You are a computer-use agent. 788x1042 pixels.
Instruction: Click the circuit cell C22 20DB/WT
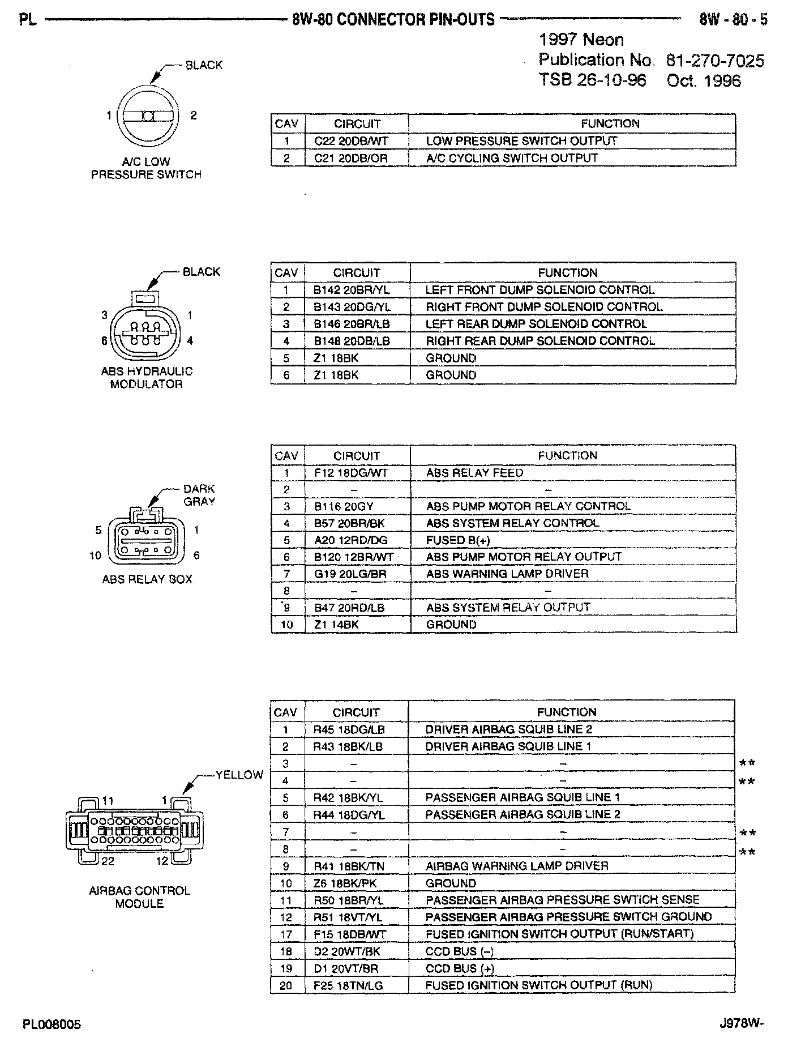coord(351,141)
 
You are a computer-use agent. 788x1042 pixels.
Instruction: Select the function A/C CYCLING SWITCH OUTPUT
coord(512,158)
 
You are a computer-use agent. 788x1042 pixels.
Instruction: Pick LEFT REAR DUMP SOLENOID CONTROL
coord(536,324)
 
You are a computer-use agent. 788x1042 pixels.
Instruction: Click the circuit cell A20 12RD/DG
coord(351,540)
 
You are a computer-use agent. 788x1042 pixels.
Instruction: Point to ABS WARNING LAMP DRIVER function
coord(507,574)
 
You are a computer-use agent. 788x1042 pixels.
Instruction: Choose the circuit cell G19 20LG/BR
coord(350,574)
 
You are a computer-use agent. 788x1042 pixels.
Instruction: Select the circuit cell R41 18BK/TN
coord(349,866)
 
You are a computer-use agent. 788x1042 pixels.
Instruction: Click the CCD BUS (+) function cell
coord(460,968)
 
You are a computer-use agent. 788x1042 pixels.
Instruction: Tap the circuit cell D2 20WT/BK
coord(348,951)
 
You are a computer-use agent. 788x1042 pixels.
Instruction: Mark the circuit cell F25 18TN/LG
coord(348,985)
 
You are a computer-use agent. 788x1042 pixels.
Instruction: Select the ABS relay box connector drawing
coord(147,539)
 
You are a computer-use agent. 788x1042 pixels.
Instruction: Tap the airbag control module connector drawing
coord(134,831)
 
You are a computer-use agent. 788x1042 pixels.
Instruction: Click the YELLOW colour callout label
coord(239,775)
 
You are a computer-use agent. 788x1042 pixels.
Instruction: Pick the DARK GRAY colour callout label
coord(199,495)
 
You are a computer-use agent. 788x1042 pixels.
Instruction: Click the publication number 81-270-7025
coord(715,60)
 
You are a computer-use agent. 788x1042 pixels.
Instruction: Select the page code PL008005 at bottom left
coord(52,1024)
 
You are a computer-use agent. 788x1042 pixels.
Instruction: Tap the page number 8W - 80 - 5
coord(733,20)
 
